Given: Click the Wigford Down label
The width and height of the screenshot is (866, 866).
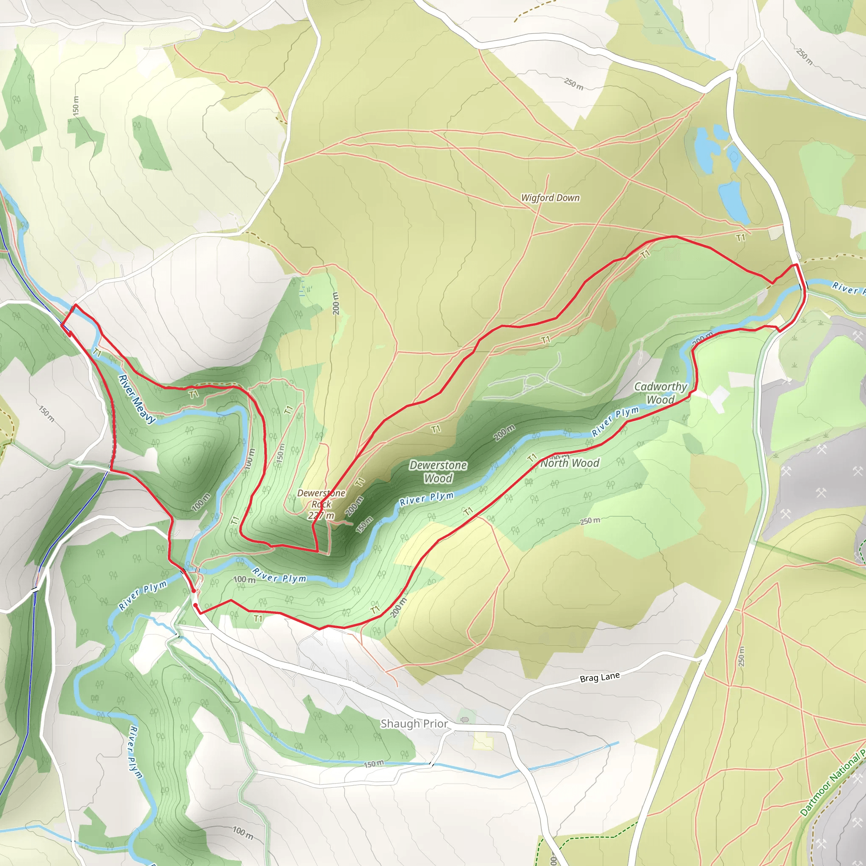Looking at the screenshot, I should pyautogui.click(x=550, y=197).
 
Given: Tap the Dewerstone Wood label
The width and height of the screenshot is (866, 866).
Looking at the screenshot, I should pyautogui.click(x=438, y=471).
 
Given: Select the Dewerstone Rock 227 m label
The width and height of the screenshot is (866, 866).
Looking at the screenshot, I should pyautogui.click(x=321, y=504).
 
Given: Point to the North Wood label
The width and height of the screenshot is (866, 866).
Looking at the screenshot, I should pyautogui.click(x=569, y=463).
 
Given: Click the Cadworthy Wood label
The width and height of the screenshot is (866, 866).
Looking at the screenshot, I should pyautogui.click(x=660, y=393).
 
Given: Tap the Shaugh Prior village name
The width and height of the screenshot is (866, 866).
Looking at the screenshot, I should pyautogui.click(x=414, y=723).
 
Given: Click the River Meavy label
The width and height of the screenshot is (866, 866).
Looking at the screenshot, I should pyautogui.click(x=136, y=399).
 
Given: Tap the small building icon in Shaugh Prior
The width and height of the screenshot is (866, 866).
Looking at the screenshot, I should pyautogui.click(x=464, y=720).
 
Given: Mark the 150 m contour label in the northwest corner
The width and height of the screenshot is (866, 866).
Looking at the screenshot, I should pyautogui.click(x=76, y=105).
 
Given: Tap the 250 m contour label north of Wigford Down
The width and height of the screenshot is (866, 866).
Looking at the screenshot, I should pyautogui.click(x=573, y=83).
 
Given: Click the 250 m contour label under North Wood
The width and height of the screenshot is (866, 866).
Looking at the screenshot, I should pyautogui.click(x=589, y=521).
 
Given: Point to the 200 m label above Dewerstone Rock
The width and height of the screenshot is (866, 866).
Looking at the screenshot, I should pyautogui.click(x=335, y=304).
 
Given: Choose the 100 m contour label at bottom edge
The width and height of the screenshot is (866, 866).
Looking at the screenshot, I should pyautogui.click(x=242, y=833).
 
